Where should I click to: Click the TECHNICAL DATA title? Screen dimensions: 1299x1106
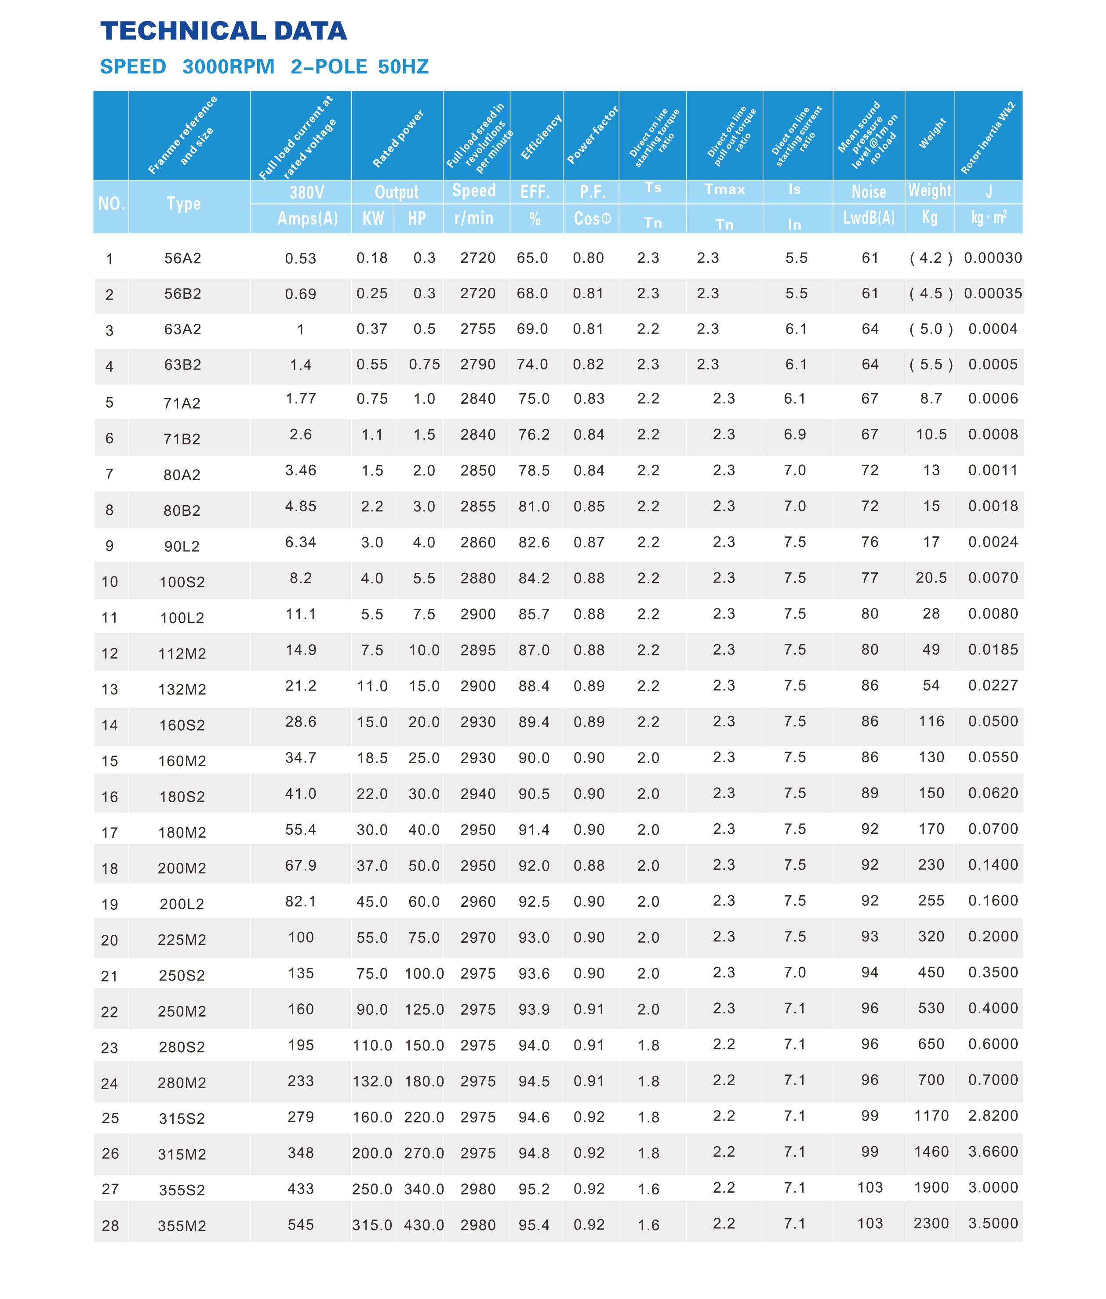[x=223, y=31]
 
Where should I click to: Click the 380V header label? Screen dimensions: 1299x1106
[x=306, y=192]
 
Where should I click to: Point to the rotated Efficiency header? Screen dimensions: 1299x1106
[x=540, y=137]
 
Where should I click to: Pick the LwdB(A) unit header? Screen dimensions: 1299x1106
[x=868, y=218]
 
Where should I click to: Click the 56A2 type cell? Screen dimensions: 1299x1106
[x=182, y=259]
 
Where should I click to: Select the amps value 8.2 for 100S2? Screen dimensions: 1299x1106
[x=301, y=578]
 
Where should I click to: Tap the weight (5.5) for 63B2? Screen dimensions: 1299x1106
[x=931, y=365]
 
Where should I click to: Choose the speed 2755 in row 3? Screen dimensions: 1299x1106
[x=478, y=329]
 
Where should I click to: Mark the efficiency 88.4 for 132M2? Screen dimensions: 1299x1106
[x=534, y=686]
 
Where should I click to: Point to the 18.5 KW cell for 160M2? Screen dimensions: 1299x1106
[x=372, y=758]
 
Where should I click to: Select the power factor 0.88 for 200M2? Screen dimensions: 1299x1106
[x=589, y=865]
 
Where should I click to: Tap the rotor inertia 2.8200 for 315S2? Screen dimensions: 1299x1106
[x=993, y=1116]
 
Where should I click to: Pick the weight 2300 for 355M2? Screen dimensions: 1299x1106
[x=931, y=1223]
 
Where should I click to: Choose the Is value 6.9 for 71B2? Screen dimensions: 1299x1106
[x=794, y=435]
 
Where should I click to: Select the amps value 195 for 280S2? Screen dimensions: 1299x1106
[x=301, y=1045]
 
